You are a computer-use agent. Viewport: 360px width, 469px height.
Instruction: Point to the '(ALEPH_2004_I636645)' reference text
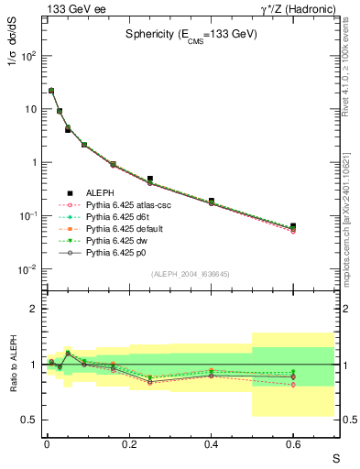[x=190, y=273]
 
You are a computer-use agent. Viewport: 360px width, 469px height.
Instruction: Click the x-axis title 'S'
[x=335, y=457]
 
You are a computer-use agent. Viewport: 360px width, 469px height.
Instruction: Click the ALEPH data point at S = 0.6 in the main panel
[x=293, y=226]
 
